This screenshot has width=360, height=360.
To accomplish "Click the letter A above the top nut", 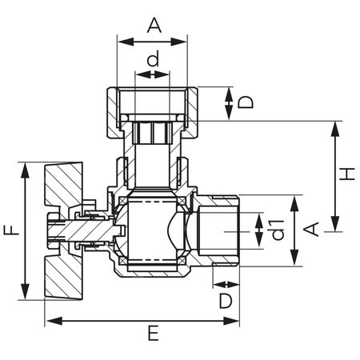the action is (x=154, y=25).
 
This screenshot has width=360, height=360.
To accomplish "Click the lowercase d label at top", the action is (x=154, y=58).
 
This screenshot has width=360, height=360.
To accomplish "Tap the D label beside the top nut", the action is (x=246, y=102).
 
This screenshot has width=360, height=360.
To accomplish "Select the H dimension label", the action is (x=347, y=174).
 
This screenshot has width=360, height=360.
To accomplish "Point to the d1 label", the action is (x=278, y=230).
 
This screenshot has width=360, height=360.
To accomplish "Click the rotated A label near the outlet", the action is (x=311, y=229).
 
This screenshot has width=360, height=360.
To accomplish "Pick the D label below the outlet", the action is (x=226, y=301).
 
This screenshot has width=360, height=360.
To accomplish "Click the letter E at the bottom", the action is (x=154, y=333).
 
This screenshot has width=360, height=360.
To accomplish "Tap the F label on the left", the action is (x=12, y=230).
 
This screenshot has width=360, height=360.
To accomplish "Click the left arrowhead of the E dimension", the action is (x=54, y=321).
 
